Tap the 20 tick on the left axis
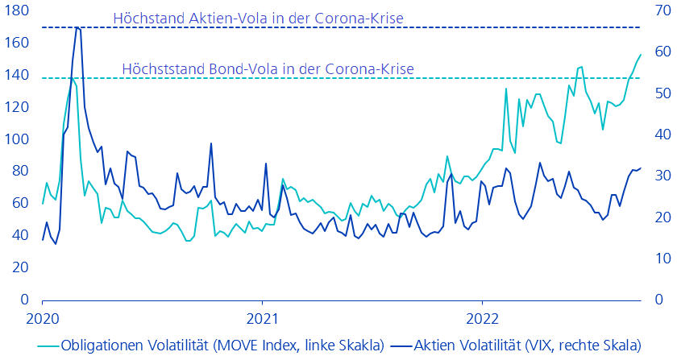coord(19,267)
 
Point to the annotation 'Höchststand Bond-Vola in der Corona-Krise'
coord(268,69)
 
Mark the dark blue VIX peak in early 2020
coord(77,27)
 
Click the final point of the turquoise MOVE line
coord(641,55)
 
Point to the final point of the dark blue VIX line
coord(641,168)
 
